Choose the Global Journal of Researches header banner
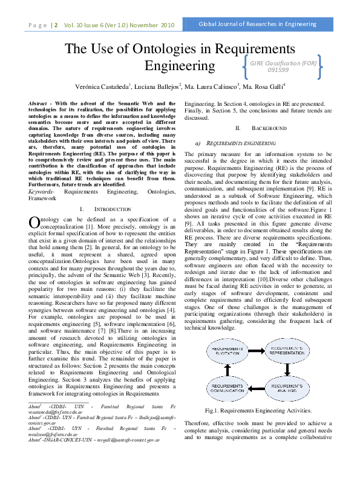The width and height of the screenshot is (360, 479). pos(259,25)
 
